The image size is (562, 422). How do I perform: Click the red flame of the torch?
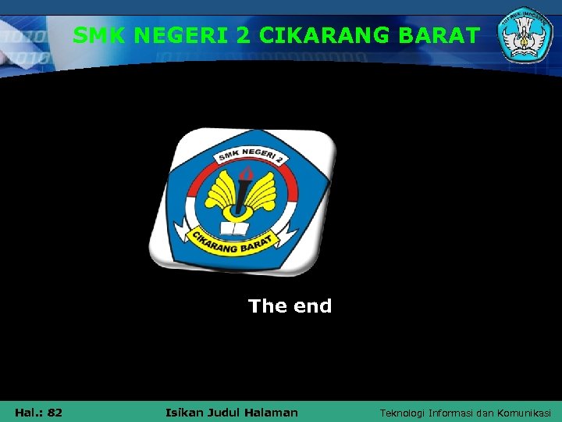(247, 173)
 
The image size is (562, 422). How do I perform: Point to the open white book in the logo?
(235, 228)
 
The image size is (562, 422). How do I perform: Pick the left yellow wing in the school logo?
(221, 192)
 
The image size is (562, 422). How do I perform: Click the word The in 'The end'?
(268, 306)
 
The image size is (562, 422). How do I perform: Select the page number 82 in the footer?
(55, 412)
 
